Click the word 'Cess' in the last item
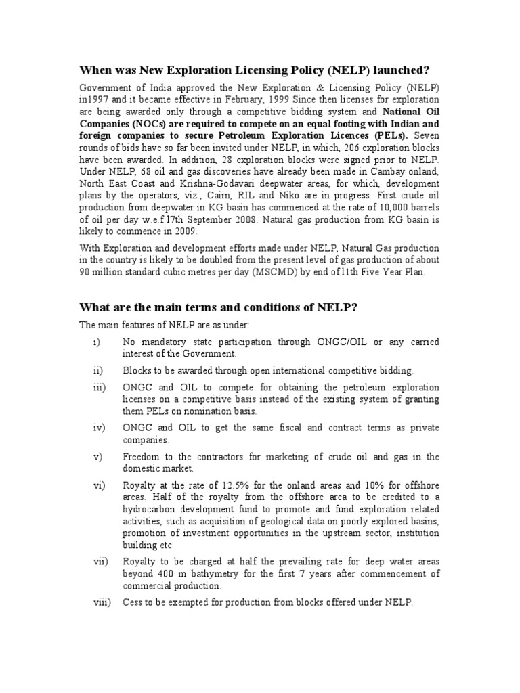(x=133, y=603)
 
